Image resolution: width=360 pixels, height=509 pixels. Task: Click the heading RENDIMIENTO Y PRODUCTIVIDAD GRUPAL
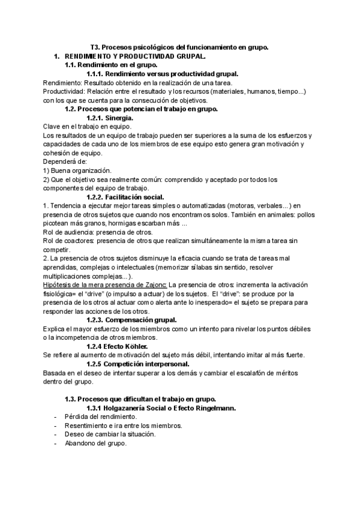pyautogui.click(x=135, y=56)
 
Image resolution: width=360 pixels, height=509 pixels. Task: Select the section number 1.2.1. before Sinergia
pyautogui.click(x=99, y=118)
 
